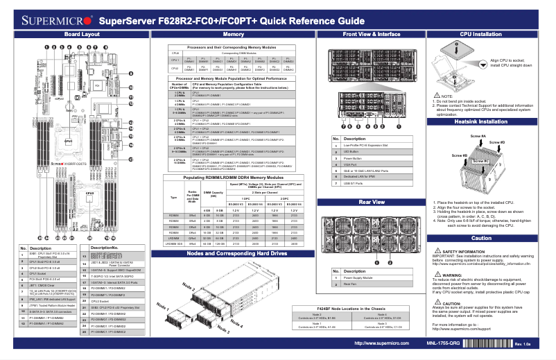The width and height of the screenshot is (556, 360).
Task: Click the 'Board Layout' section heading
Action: pyautogui.click(x=82, y=33)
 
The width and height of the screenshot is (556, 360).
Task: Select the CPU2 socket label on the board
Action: pyautogui.click(x=89, y=194)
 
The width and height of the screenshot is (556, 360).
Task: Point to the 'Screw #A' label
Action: pyautogui.click(x=478, y=137)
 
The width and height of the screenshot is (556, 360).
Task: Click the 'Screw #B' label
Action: pyautogui.click(x=460, y=155)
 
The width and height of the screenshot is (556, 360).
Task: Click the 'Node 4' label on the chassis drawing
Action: pyautogui.click(x=236, y=323)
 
